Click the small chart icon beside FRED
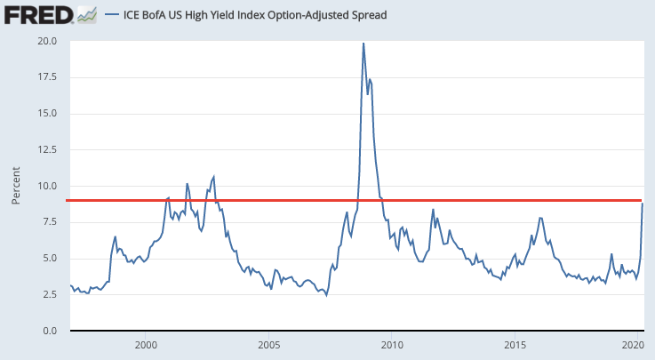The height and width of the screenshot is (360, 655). coord(86,14)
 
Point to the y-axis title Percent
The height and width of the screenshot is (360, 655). coord(16,185)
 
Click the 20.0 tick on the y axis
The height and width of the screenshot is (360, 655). coord(47,41)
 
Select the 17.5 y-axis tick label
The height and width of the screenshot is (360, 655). coord(47,77)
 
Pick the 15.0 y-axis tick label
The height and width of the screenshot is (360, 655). coord(47,114)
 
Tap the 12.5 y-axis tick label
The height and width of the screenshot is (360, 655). coord(47,150)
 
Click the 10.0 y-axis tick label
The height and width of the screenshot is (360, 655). coord(47,187)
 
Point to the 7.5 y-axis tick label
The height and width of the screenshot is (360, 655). coord(50,222)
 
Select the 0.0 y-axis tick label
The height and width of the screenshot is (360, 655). coord(50,331)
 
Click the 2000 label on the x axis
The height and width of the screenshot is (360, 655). coord(146,344)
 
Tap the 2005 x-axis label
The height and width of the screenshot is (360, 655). coord(269,344)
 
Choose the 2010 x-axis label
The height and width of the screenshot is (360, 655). coord(392,344)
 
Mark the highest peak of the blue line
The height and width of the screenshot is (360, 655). coord(363,43)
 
